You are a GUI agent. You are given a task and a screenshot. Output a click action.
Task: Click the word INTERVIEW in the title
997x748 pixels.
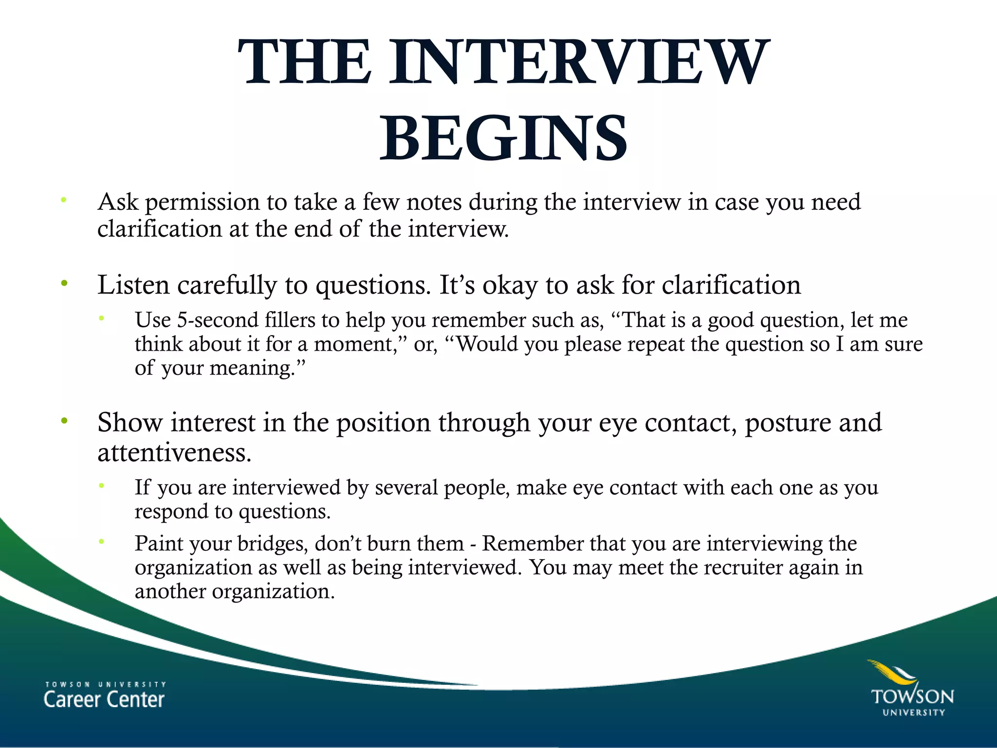(579, 62)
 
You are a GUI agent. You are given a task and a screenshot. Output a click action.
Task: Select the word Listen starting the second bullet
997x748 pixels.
(133, 285)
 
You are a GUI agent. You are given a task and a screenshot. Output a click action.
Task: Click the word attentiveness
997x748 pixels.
(174, 453)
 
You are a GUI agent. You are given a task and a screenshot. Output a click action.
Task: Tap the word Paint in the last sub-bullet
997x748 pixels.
(158, 543)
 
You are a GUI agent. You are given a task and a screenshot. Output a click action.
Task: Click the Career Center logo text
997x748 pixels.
(104, 699)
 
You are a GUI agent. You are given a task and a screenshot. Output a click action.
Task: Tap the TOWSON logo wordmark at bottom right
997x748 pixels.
(912, 696)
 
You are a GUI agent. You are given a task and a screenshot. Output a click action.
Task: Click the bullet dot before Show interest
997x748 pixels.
(64, 421)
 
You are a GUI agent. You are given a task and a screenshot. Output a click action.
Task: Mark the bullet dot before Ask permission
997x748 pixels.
(64, 200)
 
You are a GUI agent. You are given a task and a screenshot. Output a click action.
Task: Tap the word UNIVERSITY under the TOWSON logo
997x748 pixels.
(914, 712)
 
